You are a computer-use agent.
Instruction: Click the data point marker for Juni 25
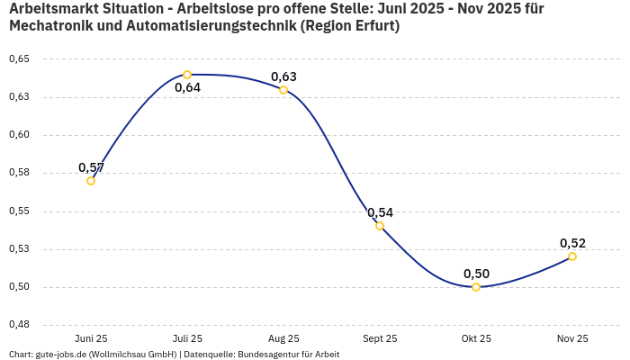(91, 181)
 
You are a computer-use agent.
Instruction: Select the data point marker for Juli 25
(187, 75)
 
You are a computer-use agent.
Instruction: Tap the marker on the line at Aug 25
(283, 90)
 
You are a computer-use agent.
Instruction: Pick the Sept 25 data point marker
(380, 226)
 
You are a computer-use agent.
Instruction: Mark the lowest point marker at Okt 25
(476, 287)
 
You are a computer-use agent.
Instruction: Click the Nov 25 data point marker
(572, 256)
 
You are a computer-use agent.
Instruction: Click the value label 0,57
(91, 167)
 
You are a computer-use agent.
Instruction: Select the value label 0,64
(187, 88)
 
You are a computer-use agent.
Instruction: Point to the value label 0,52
(572, 243)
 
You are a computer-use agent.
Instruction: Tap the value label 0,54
(380, 212)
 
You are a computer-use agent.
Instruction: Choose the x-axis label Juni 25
(91, 338)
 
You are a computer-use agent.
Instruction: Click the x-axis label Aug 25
(283, 338)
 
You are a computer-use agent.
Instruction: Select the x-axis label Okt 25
(476, 338)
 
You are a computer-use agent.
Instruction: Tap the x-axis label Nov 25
(572, 338)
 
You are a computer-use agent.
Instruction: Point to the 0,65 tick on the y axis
(19, 58)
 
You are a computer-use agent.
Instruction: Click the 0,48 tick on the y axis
(19, 325)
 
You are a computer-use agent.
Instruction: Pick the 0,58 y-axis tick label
(19, 173)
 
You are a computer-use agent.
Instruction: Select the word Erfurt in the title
(372, 26)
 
